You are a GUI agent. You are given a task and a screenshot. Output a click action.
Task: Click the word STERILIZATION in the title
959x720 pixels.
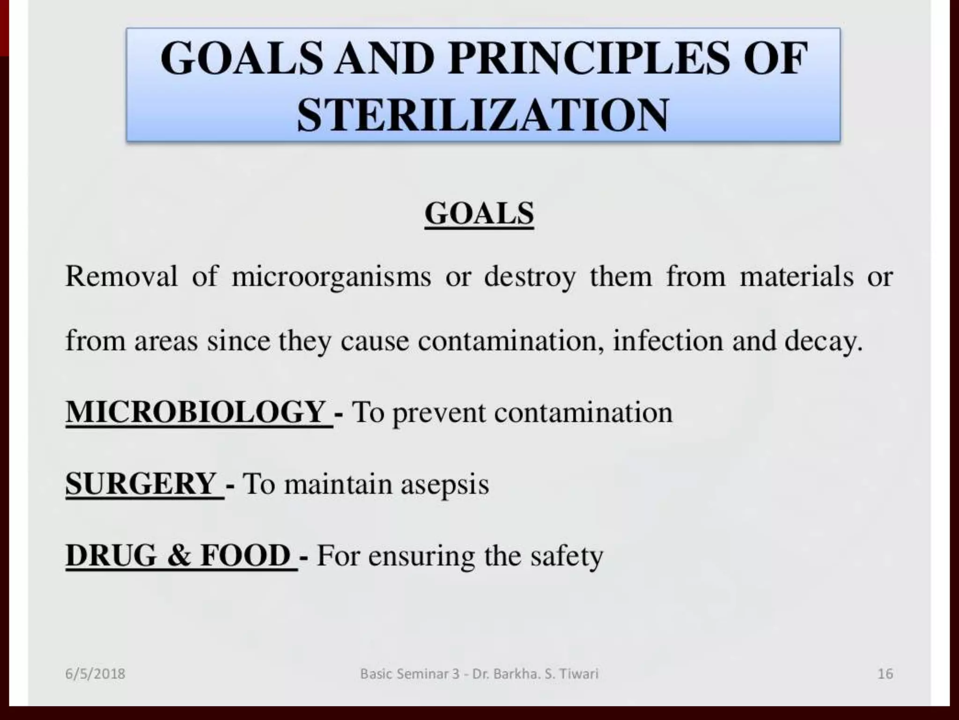pyautogui.click(x=483, y=115)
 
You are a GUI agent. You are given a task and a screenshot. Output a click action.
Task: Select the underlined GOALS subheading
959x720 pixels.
pyautogui.click(x=479, y=214)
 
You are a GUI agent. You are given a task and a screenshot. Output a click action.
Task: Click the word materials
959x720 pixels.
pyautogui.click(x=797, y=276)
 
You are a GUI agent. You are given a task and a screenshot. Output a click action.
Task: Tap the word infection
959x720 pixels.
pyautogui.click(x=668, y=341)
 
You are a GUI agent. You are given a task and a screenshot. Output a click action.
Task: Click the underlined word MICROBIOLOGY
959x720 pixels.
pyautogui.click(x=196, y=412)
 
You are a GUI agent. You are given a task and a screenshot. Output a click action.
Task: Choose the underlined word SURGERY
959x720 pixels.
pyautogui.click(x=141, y=484)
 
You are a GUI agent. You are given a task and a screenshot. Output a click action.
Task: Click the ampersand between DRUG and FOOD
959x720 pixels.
pyautogui.click(x=179, y=555)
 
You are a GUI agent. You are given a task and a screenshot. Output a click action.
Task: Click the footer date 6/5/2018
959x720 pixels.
pyautogui.click(x=95, y=674)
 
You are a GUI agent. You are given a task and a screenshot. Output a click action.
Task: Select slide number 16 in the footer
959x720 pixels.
pyautogui.click(x=885, y=674)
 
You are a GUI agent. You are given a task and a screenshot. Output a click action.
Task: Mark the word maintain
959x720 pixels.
pyautogui.click(x=338, y=484)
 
